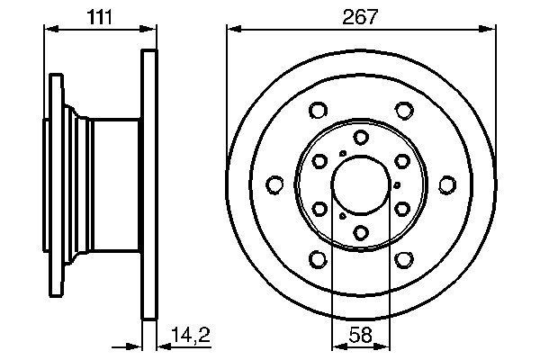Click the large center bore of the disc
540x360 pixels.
click(361, 185)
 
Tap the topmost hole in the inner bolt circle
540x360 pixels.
click(361, 137)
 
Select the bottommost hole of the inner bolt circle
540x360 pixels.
click(361, 234)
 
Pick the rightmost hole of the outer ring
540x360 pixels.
click(447, 185)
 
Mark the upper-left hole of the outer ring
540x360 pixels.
click(318, 111)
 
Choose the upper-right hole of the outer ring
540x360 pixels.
click(404, 111)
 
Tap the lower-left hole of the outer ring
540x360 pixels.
click(318, 260)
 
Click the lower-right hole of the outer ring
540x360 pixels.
click(404, 260)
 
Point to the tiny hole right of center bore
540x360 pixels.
click(398, 185)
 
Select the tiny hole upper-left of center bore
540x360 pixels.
click(341, 155)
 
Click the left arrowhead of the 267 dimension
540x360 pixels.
click(231, 29)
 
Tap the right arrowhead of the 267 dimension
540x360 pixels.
click(490, 29)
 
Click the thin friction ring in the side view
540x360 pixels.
click(149, 184)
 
